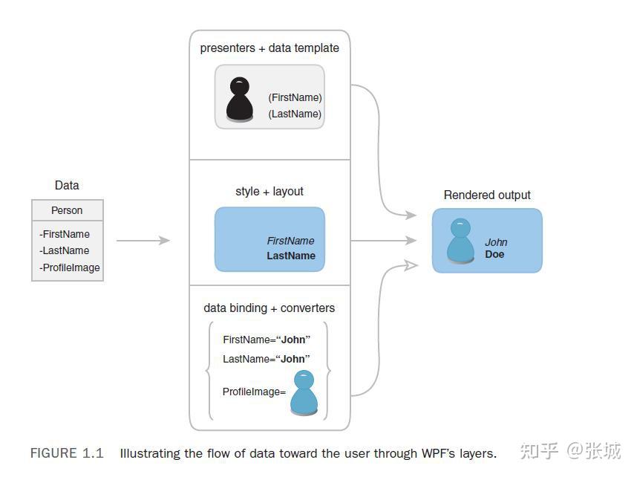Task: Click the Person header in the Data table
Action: [x=67, y=210]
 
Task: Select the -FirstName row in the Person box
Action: [x=65, y=234]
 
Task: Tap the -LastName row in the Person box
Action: [x=64, y=250]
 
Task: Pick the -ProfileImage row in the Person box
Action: [x=69, y=267]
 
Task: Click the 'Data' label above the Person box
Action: [x=67, y=186]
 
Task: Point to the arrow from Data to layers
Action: [x=143, y=240]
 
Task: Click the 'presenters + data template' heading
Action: [x=269, y=48]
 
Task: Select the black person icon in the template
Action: [x=240, y=99]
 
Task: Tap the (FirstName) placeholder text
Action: [x=295, y=97]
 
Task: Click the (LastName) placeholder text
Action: [x=295, y=114]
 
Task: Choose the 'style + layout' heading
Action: [x=269, y=192]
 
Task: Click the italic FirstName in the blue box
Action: [x=290, y=241]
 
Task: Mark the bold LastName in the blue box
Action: [x=291, y=256]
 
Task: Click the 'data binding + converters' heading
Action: [x=269, y=308]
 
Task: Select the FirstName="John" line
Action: [x=267, y=340]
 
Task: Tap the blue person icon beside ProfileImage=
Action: [x=304, y=392]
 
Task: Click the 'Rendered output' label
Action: [x=487, y=195]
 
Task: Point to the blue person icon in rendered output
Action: [x=461, y=241]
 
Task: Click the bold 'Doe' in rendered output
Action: [x=494, y=254]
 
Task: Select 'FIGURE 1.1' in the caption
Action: [x=67, y=453]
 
